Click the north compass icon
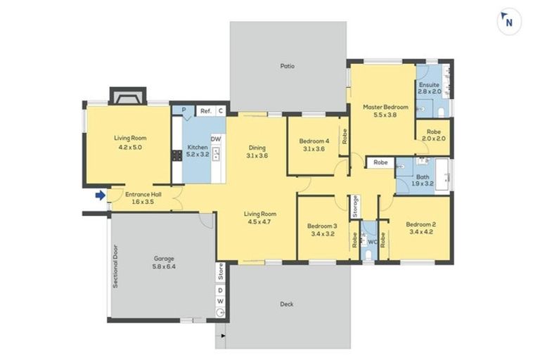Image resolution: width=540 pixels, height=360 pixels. point(509,22)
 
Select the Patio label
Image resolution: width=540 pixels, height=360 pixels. point(287,66)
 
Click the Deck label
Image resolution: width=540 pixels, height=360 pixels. point(287,304)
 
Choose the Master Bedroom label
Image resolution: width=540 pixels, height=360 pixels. point(385,111)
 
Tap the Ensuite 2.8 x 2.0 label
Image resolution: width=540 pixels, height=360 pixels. point(429,88)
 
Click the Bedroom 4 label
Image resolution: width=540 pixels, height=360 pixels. point(314,143)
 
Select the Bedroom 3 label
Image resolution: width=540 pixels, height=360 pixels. point(323,230)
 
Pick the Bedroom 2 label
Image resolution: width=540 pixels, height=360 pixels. point(421,228)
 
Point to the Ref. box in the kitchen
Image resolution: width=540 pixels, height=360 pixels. point(206,111)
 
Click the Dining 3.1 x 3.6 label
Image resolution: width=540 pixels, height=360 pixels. point(257,151)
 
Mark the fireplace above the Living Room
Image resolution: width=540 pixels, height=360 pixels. point(127,96)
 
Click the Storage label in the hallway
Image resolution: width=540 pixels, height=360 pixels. point(356,206)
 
